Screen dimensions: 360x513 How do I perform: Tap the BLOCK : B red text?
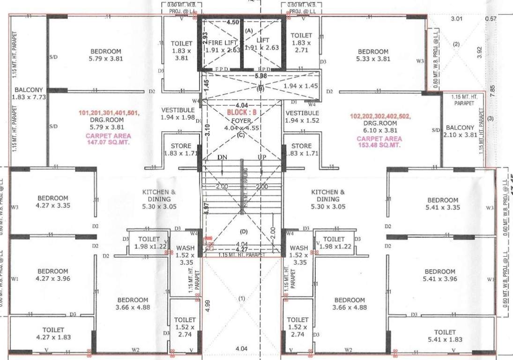pos(242,113)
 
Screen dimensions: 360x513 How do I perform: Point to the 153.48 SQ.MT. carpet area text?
pos(379,144)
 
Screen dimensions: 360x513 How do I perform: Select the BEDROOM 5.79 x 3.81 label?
pos(105,55)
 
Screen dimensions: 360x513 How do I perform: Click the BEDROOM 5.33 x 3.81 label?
pos(373,55)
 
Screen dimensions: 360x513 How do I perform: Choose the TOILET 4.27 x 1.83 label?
pos(52,334)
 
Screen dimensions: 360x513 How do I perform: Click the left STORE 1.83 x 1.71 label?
pos(181,150)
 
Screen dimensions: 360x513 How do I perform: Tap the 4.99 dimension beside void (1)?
pos(208,305)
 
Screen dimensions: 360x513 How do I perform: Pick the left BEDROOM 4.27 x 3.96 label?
pos(52,275)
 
